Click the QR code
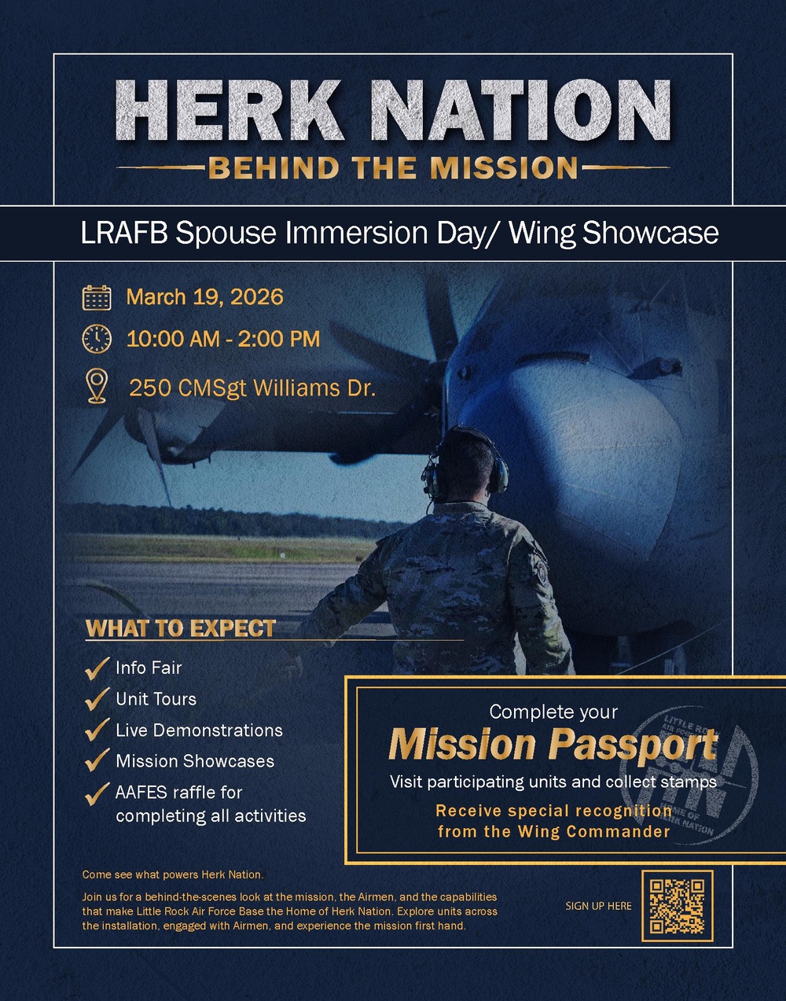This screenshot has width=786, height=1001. point(677,905)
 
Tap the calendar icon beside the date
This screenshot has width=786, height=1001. point(97,297)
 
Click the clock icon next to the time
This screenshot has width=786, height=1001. point(97,338)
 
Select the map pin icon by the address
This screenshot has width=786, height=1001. point(97,387)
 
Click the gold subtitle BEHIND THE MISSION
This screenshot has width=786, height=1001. point(393,167)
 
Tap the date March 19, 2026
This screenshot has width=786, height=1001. point(204,297)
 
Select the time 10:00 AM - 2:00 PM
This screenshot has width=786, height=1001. point(223,339)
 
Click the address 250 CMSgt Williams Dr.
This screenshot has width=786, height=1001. point(252,388)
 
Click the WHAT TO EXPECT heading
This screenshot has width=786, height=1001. point(181,628)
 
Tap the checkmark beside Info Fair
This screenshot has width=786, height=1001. point(97,668)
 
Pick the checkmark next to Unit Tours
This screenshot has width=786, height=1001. point(97,698)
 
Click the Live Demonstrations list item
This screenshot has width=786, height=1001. point(199,731)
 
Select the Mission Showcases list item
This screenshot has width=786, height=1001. point(195,761)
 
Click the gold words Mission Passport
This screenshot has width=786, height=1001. point(553,745)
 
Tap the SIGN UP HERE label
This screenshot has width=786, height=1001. point(598,906)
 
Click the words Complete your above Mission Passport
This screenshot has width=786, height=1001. point(553,712)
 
